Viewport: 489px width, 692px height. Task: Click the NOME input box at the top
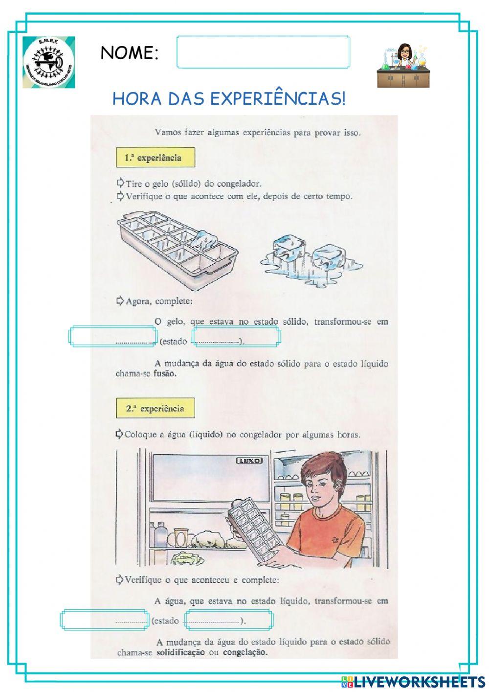[x=263, y=52]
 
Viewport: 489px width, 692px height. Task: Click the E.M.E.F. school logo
[x=49, y=62]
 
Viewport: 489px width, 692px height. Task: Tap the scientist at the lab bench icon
[x=403, y=66]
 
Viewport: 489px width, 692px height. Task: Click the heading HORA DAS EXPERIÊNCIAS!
[x=229, y=99]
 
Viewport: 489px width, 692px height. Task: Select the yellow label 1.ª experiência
[x=155, y=158]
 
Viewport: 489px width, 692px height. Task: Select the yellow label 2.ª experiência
[x=155, y=408]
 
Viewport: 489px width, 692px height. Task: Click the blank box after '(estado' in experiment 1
[x=236, y=336]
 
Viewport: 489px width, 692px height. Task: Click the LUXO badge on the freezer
[x=249, y=461]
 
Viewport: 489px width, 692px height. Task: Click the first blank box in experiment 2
[x=104, y=620]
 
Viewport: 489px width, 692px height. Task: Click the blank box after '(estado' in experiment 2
[x=228, y=620]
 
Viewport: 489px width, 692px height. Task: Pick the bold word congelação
[x=245, y=652]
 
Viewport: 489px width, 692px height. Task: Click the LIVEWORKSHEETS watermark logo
[x=413, y=682]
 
